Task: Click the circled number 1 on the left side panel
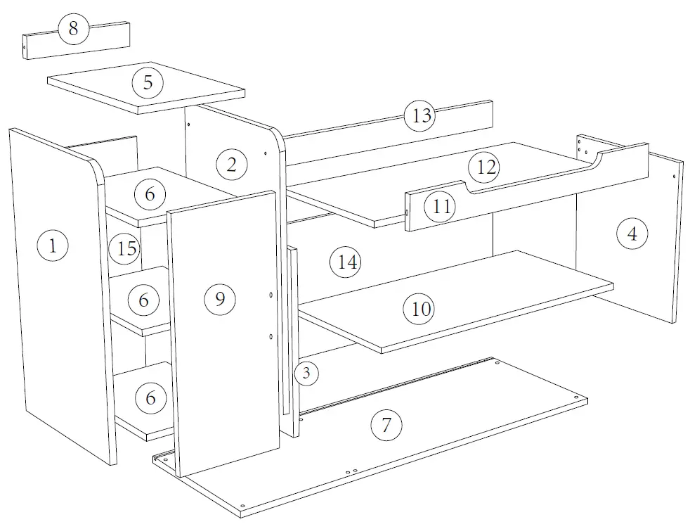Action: point(53,246)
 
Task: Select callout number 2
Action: point(232,165)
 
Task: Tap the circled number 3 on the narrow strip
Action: point(306,373)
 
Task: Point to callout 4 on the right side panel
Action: point(632,234)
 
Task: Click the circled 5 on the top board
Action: point(148,82)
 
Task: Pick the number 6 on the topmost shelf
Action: point(150,194)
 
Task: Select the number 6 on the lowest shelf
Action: point(150,398)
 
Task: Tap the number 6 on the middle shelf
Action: point(144,300)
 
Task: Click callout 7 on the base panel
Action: point(386,425)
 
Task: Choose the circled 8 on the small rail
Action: point(74,30)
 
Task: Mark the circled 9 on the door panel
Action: point(220,300)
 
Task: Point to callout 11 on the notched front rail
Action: point(443,207)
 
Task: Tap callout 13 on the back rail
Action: point(421,115)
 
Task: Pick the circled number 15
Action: point(126,248)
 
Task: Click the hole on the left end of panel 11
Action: point(408,210)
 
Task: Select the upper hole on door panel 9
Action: point(272,295)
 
